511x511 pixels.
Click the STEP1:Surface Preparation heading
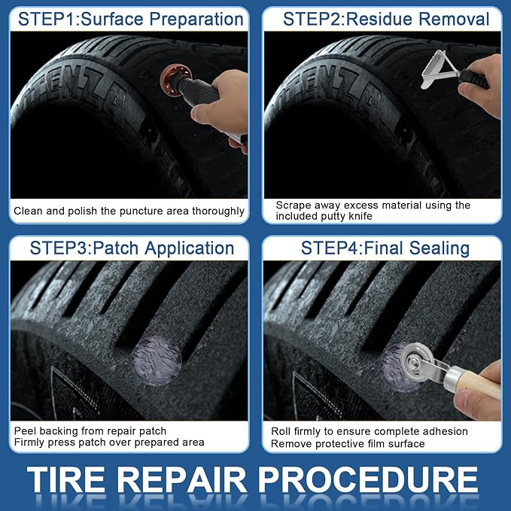click(x=130, y=19)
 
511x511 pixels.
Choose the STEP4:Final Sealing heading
click(x=385, y=248)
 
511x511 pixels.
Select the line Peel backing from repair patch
click(x=90, y=431)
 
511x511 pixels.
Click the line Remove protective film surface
click(x=348, y=443)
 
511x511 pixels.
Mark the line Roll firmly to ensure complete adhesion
click(x=369, y=431)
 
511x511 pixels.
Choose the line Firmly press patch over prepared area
click(x=108, y=443)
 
